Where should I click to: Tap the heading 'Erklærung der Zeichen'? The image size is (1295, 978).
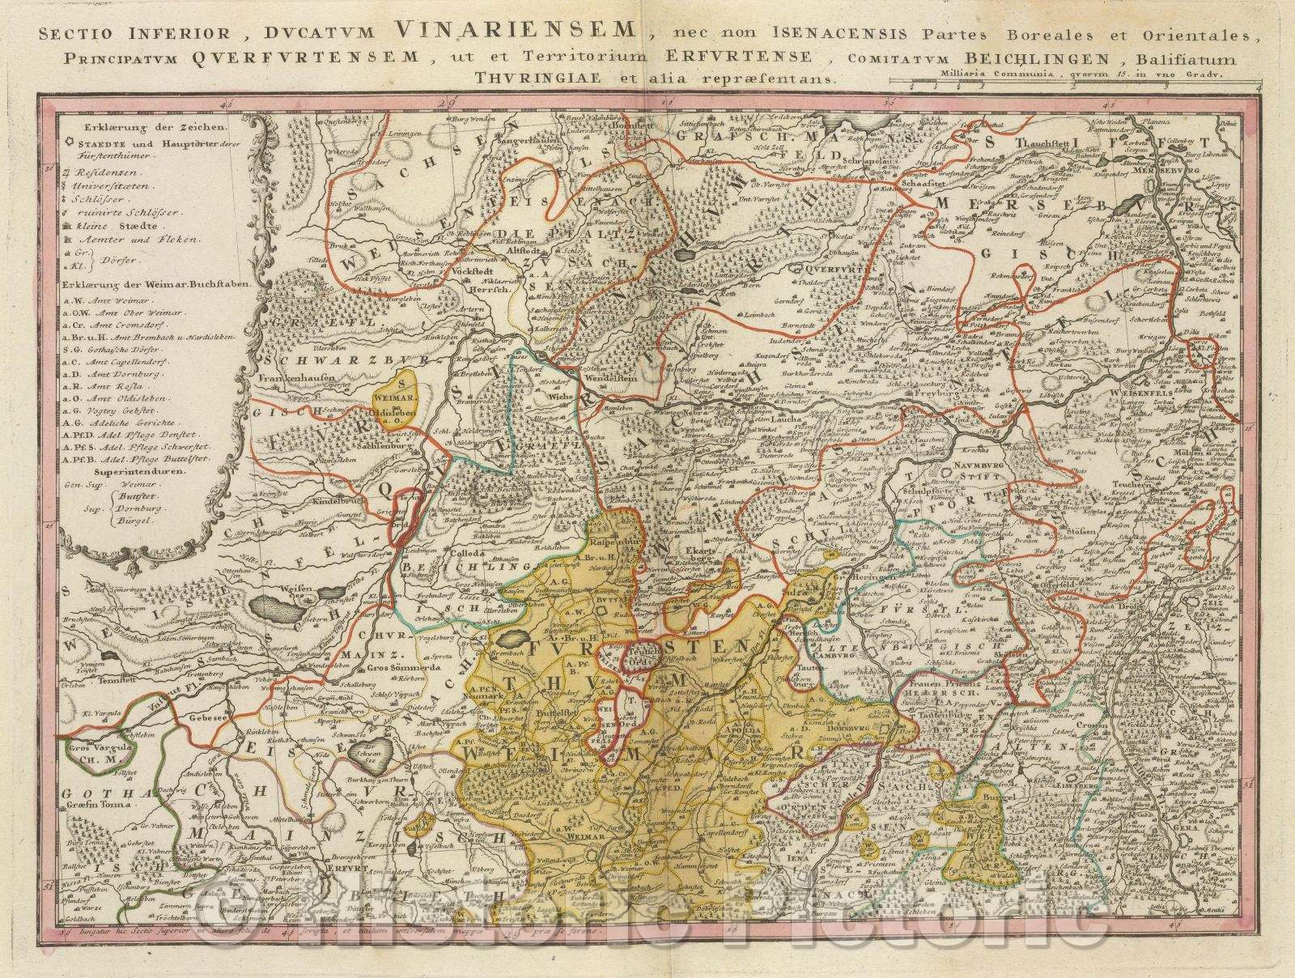(148, 127)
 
